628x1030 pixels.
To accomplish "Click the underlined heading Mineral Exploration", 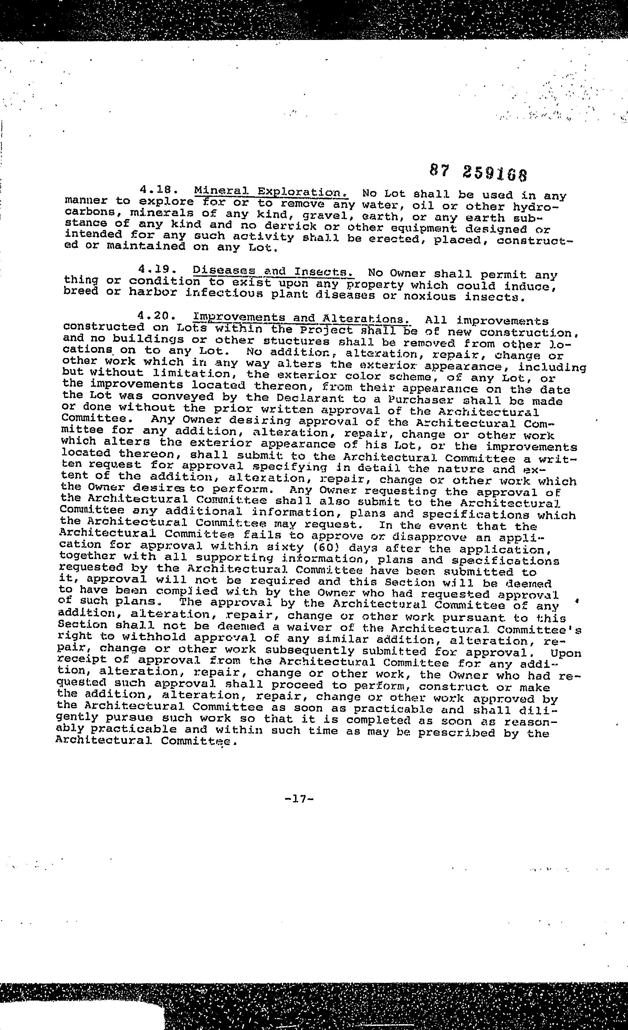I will [271, 192].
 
